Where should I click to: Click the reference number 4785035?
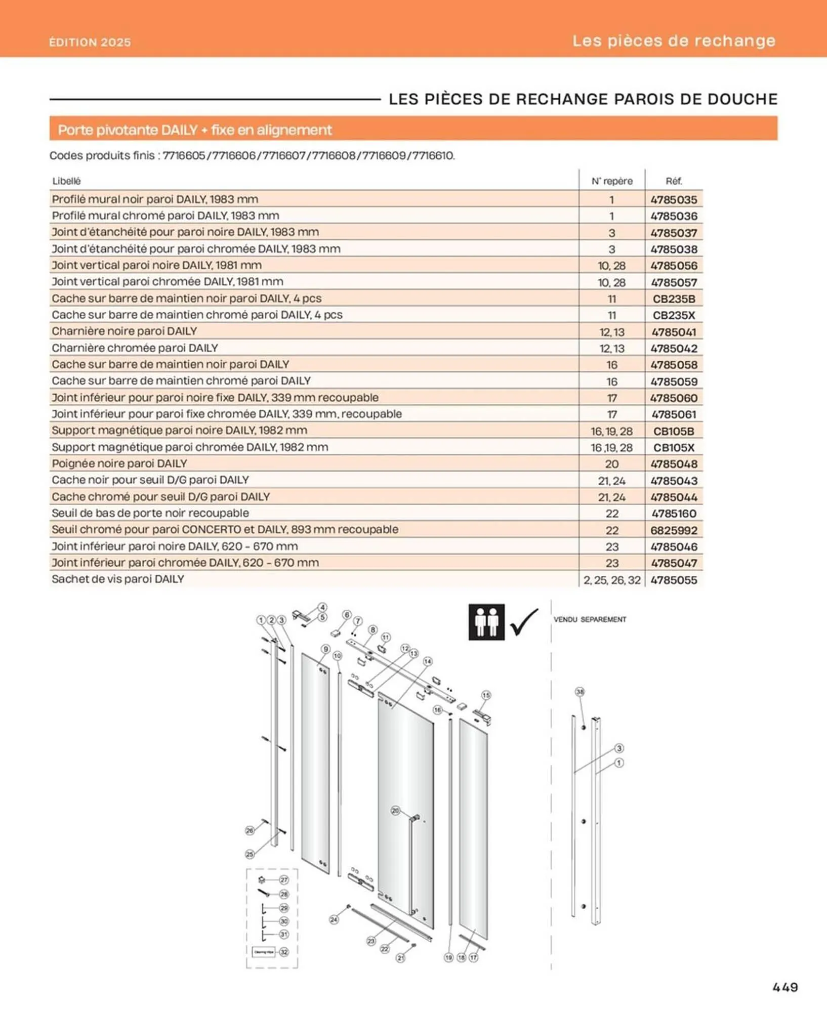point(674,199)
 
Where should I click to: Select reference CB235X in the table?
point(674,315)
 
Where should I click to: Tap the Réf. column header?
point(674,181)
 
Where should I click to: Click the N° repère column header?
point(612,181)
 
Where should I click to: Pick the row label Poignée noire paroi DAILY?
point(119,463)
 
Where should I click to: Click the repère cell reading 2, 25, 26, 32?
point(612,580)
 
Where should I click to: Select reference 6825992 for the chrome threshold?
point(674,530)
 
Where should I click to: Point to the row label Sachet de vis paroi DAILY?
point(118,579)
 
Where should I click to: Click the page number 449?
point(785,987)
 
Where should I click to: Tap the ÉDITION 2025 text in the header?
point(90,42)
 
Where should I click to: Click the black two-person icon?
point(486,622)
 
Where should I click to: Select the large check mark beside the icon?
point(524,622)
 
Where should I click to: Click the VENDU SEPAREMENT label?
point(590,619)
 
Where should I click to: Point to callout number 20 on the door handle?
point(395,811)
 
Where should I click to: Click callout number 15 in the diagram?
point(486,695)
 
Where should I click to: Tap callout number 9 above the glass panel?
point(325,649)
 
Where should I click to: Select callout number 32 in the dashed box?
point(284,952)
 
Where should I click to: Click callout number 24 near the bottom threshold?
point(334,919)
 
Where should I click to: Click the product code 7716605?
point(184,155)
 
